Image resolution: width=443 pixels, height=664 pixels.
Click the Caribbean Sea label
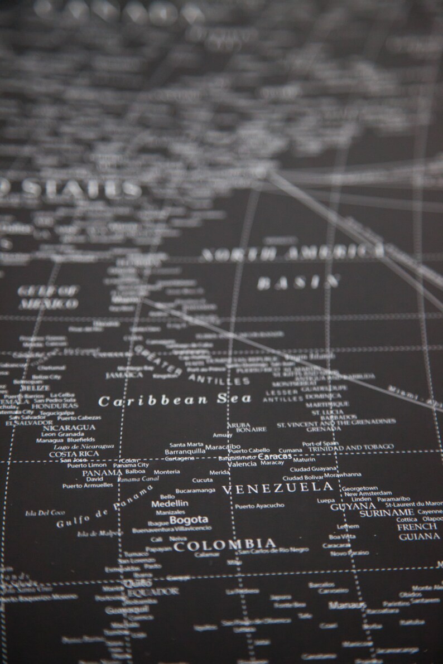[175, 400]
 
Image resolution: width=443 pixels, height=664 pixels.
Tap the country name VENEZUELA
[277, 488]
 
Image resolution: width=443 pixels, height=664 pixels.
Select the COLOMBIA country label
[224, 545]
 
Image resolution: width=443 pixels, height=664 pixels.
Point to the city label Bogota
[189, 520]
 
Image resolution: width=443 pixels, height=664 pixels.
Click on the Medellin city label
[170, 503]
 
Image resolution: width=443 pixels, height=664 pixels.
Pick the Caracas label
[275, 457]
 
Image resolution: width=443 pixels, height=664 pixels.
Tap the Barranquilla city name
[185, 452]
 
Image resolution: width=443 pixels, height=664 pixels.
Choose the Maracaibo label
[223, 447]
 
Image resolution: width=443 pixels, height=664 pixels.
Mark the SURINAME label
[386, 512]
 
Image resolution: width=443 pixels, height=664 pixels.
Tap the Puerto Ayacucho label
[259, 506]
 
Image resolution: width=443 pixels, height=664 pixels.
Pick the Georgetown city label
[360, 488]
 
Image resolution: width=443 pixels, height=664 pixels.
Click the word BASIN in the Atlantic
[298, 282]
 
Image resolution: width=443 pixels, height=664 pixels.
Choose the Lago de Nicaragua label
[84, 447]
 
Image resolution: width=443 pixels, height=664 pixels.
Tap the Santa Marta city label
[186, 444]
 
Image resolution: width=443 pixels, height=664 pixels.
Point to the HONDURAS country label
[55, 405]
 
